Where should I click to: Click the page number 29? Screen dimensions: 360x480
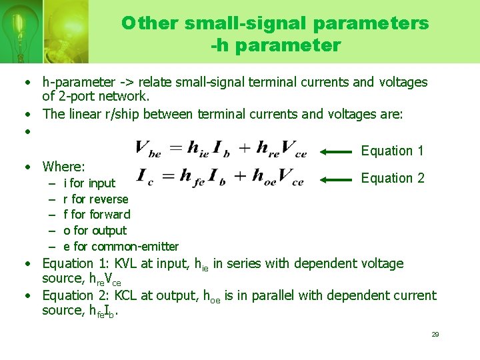(435, 334)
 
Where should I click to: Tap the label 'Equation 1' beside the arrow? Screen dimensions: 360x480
(392, 151)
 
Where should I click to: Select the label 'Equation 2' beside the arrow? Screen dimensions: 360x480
(392, 178)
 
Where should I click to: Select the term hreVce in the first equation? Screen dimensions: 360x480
(282, 149)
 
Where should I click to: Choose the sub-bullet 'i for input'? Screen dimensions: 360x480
(89, 183)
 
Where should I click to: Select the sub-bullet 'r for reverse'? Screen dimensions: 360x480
(95, 199)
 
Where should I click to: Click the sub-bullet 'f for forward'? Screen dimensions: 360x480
(97, 215)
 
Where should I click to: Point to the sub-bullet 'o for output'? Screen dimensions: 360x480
(95, 231)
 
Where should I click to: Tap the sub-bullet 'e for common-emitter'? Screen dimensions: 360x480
(121, 247)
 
